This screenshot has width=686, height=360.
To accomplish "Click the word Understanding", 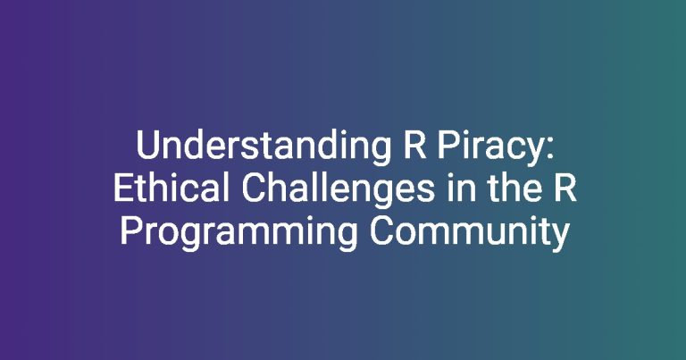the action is coord(264,146).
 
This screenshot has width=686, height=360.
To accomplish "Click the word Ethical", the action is coord(171,188).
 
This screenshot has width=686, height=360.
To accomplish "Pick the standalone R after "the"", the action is coord(565,188).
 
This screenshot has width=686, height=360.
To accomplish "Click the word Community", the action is coord(470,233).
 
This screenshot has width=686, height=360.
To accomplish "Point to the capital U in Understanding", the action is coord(147,146).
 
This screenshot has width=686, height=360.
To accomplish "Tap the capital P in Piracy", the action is coord(448,146).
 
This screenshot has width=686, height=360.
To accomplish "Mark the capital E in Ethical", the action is coord(123,188).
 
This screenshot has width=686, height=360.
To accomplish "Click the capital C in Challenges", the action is coord(254,188).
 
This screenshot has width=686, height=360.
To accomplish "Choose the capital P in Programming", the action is coord(130,230).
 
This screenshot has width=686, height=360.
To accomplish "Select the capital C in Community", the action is coord(381,230).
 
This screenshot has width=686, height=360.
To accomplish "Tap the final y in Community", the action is coord(559,238).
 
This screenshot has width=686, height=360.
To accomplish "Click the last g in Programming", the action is coord(347,238).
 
